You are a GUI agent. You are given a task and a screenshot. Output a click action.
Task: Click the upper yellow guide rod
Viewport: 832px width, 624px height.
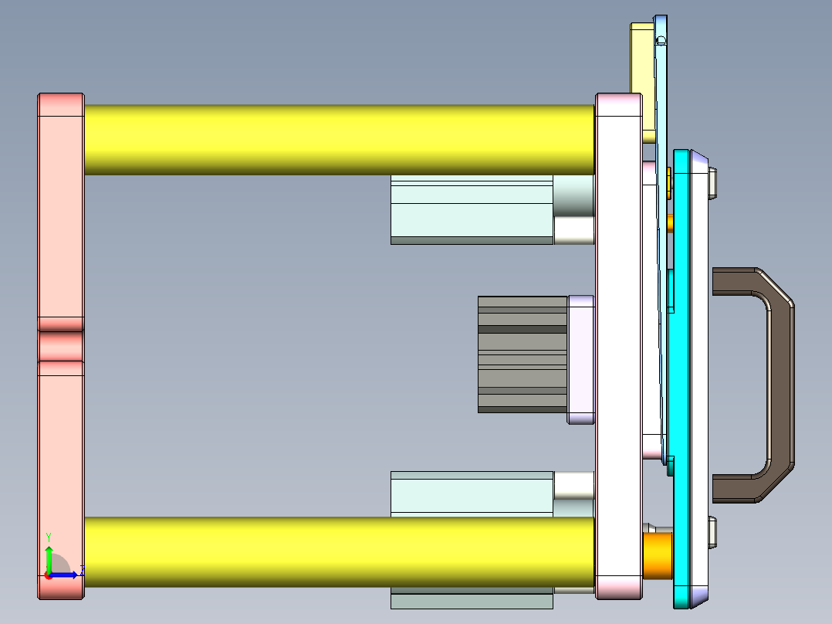340,139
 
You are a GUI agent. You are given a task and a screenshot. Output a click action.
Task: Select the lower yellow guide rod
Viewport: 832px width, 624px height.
340,551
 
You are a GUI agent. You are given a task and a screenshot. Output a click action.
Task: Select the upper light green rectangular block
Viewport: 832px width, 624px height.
471,219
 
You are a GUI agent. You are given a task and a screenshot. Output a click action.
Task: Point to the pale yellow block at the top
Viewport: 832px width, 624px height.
642,77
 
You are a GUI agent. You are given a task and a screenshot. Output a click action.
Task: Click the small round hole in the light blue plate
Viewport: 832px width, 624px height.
661,41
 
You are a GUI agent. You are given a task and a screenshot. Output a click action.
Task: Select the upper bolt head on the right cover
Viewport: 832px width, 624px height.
713,183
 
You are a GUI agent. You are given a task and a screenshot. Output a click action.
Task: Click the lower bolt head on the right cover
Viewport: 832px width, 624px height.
713,531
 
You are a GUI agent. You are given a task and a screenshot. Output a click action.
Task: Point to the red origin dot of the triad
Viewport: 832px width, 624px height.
48,575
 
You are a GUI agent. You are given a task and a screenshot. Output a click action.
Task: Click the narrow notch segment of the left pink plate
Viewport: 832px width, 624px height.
61,346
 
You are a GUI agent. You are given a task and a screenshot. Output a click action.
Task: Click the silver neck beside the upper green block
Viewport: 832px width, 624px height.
573,196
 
